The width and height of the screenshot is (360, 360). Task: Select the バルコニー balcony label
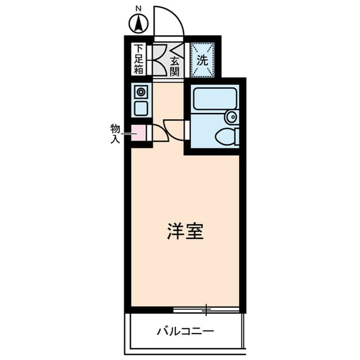[185, 331]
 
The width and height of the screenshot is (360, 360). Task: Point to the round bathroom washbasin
[231, 117]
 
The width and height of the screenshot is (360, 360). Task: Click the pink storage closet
[138, 133]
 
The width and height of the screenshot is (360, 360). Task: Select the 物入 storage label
[115, 133]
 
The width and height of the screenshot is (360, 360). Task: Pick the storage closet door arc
[158, 132]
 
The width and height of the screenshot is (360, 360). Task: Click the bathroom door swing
[174, 127]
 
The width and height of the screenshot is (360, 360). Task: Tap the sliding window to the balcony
[206, 309]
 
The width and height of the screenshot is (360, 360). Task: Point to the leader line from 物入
[127, 133]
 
